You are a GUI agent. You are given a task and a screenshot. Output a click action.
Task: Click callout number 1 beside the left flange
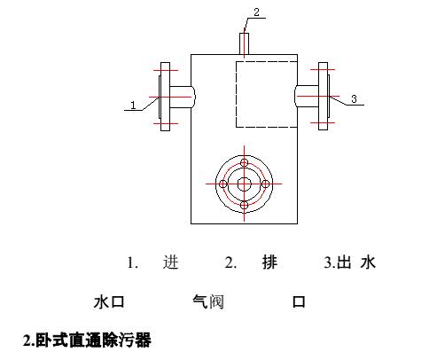(x=133, y=105)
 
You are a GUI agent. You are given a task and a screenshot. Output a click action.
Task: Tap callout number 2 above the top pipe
(x=256, y=12)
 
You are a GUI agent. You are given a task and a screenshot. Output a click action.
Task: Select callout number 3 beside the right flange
(x=354, y=98)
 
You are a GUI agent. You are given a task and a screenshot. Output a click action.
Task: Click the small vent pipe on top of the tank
(x=244, y=43)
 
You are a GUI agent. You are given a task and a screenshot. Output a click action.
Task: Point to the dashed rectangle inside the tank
(x=236, y=95)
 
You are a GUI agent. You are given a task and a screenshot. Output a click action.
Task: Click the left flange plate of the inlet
(x=165, y=97)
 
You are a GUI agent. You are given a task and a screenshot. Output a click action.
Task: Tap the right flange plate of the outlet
(x=323, y=96)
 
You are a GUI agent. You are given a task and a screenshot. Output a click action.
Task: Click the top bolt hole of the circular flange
(x=244, y=162)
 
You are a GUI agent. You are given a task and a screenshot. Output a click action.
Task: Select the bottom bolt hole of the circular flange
(x=244, y=205)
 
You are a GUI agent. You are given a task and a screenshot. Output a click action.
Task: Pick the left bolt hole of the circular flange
(x=223, y=184)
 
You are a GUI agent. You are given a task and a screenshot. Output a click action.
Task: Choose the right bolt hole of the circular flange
(x=265, y=184)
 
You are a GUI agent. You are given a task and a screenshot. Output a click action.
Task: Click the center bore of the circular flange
(x=245, y=184)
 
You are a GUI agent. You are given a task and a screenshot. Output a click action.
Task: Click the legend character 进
(x=171, y=262)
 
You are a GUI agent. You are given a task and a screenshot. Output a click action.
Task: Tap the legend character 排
(x=269, y=262)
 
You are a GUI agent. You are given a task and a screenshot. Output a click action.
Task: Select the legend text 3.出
(x=337, y=262)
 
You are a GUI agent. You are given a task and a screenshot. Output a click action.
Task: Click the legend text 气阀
(x=208, y=301)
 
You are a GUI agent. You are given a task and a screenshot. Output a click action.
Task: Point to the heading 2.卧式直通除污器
(x=87, y=340)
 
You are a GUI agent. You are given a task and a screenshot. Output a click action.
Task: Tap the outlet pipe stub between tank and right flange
(x=307, y=96)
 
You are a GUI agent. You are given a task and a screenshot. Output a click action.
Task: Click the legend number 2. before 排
(x=230, y=262)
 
